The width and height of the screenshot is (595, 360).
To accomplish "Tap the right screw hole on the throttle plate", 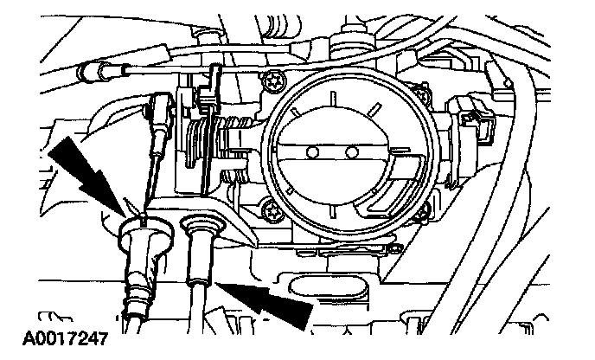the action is [351, 152].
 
